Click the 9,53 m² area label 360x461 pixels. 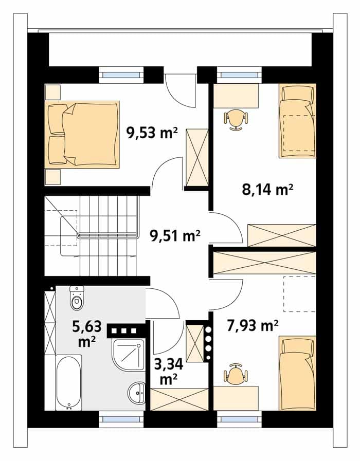click(152, 133)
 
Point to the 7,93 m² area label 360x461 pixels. click(253, 325)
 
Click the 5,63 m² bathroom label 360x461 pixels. click(87, 334)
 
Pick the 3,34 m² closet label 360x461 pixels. click(169, 372)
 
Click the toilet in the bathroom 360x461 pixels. click(77, 298)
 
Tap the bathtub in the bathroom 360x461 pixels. click(68, 382)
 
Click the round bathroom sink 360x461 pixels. click(137, 393)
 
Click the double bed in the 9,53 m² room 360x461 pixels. click(82, 135)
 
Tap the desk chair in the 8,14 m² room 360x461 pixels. click(236, 119)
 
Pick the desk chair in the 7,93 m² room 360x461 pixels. click(236, 374)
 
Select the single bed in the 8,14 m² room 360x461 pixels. click(297, 121)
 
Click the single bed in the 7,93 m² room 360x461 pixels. click(297, 374)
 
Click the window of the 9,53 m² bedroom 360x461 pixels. click(121, 75)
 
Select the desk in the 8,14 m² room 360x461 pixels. click(236, 96)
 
